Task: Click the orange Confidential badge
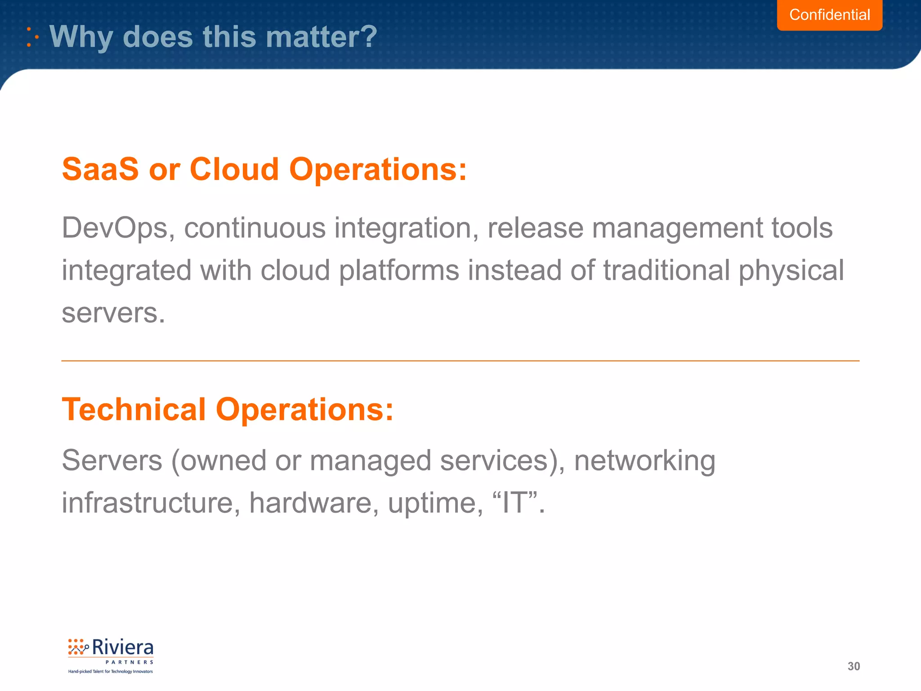[829, 15]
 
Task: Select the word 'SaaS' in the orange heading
[100, 170]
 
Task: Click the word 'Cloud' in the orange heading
[234, 170]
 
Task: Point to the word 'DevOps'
[115, 228]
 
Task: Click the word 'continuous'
[255, 228]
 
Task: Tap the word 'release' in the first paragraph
[535, 228]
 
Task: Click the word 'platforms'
[399, 271]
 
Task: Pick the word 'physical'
[791, 271]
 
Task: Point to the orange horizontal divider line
[460, 361]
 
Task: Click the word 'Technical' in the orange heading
[134, 410]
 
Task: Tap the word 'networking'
[644, 461]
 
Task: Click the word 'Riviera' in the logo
[122, 648]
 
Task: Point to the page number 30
[854, 666]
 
